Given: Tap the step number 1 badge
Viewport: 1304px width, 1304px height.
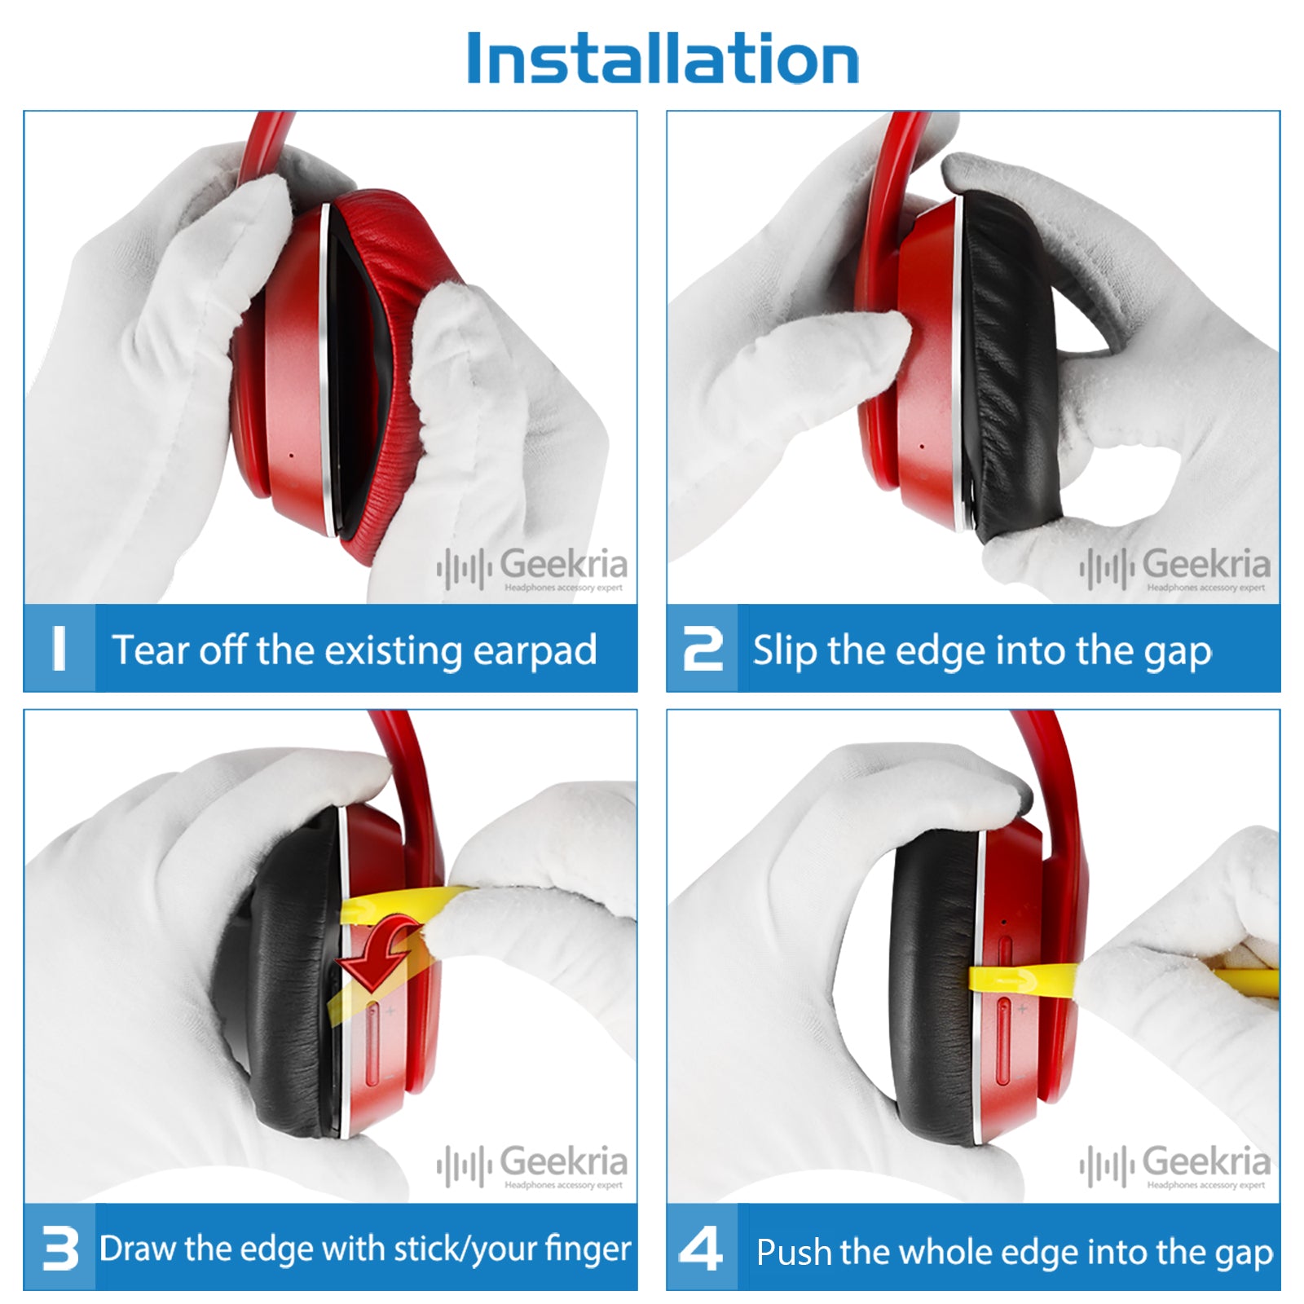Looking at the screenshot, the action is click(x=59, y=649).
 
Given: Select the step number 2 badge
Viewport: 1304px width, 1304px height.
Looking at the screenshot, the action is click(x=703, y=649).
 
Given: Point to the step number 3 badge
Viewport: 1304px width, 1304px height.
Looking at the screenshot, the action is click(x=59, y=1248).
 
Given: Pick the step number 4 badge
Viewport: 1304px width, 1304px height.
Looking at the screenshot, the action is click(x=702, y=1248).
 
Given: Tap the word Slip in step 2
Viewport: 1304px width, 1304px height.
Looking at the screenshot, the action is click(x=786, y=651).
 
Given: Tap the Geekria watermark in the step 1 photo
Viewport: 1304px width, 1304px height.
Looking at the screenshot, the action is click(x=532, y=568).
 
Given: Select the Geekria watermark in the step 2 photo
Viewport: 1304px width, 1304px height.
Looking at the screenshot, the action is click(x=1175, y=568).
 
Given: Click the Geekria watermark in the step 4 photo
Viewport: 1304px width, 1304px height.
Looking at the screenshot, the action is click(x=1175, y=1165).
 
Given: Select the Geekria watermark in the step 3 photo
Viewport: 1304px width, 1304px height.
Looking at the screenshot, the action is click(x=532, y=1165).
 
